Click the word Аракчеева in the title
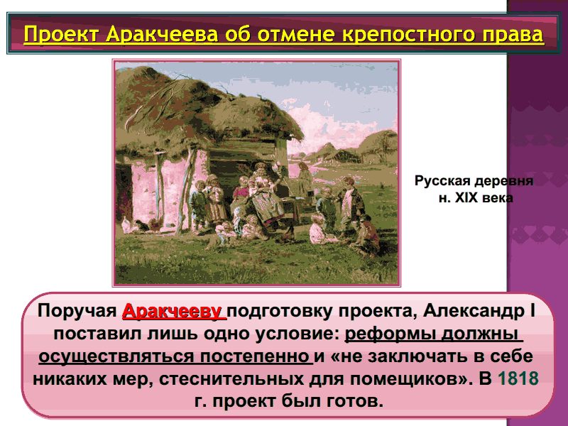tap(163, 34)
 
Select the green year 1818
tap(518, 378)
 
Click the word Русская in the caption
tap(442, 180)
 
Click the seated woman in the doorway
tap(264, 196)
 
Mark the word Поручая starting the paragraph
tap(77, 311)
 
